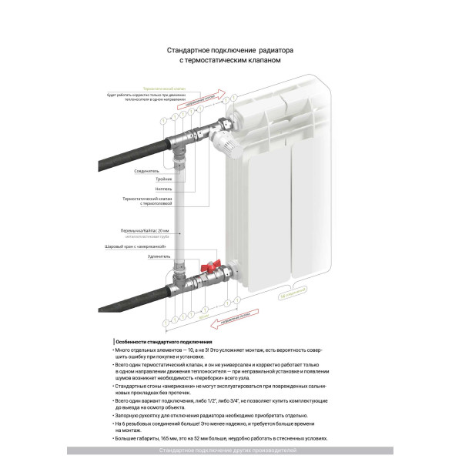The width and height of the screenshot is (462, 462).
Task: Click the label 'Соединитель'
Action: [x=146, y=171]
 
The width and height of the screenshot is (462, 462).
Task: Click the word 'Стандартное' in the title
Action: [x=189, y=50]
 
